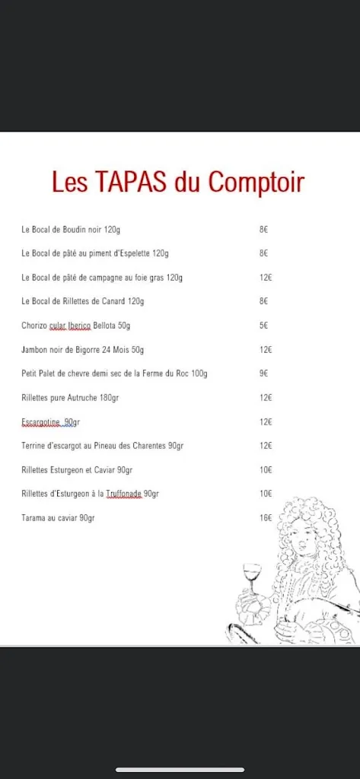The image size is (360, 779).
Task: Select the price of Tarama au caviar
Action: pos(265,518)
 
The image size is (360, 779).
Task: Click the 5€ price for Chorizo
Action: pos(263,326)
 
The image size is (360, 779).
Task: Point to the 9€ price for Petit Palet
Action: pos(263,374)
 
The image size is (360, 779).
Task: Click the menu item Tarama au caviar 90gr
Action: pos(58,518)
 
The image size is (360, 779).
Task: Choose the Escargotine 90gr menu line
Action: pos(49,422)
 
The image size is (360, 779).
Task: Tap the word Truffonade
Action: pos(124,494)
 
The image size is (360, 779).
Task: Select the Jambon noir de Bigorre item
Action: pos(82,350)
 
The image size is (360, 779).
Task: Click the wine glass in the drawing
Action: pos(251,572)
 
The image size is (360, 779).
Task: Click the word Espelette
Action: pos(131,253)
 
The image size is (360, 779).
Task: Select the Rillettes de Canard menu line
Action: pos(82,301)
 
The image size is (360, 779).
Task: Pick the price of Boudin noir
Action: pos(263,229)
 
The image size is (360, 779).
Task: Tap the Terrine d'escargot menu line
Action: pos(102,446)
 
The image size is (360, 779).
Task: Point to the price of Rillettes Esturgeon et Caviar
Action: pos(265,470)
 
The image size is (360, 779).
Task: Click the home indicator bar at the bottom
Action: pos(180,770)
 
